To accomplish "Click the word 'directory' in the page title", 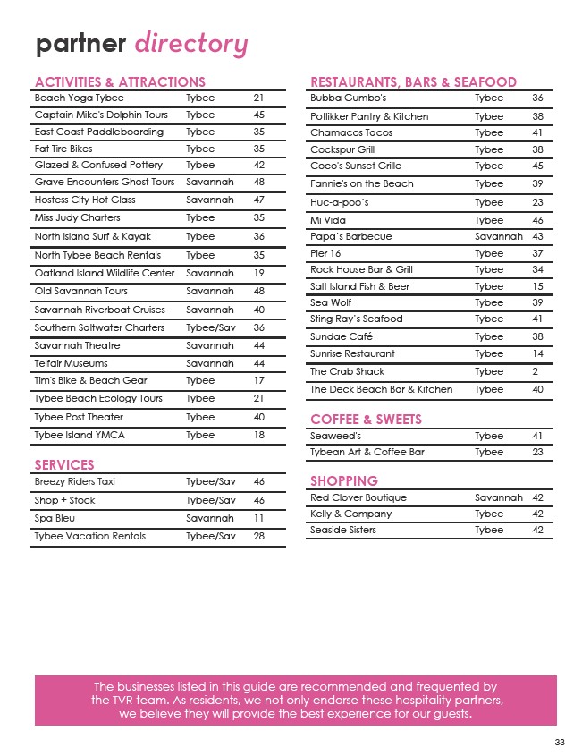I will pos(191,44).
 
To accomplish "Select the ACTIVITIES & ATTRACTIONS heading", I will pos(120,82).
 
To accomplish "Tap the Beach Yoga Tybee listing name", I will pos(79,98).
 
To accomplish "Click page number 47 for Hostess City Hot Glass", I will pos(259,200).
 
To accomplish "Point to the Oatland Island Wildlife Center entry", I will pos(105,273).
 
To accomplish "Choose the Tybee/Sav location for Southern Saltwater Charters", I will pos(210,327).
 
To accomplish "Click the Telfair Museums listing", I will pos(71,363).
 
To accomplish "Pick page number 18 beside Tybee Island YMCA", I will pos(259,435).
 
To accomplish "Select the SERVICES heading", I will pos(63,465).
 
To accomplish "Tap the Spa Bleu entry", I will pos(56,518).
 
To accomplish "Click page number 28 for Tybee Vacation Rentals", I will pos(259,536).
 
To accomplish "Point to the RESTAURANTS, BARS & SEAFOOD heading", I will pos(413,82).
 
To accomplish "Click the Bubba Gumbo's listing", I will pos(348,98).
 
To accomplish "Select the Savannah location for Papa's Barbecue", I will pos(498,236).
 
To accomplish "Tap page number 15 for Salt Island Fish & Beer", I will pos(537,286).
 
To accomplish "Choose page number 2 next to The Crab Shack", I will pos(535,371).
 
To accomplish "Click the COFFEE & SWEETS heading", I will pos(366,420).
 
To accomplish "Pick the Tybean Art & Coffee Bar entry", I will pos(367,452).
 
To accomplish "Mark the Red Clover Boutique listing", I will pos(358,497).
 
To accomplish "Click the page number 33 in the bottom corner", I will pos(560,742).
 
